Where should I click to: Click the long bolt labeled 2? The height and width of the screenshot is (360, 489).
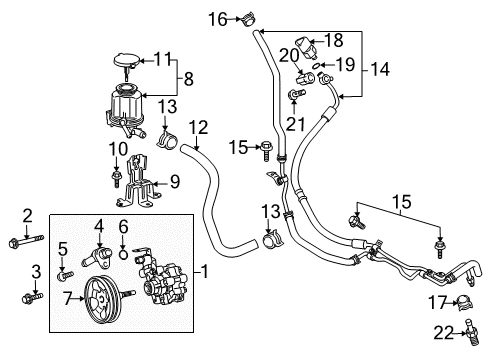click(27, 242)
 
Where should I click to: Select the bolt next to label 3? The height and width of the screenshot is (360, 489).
click(27, 298)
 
